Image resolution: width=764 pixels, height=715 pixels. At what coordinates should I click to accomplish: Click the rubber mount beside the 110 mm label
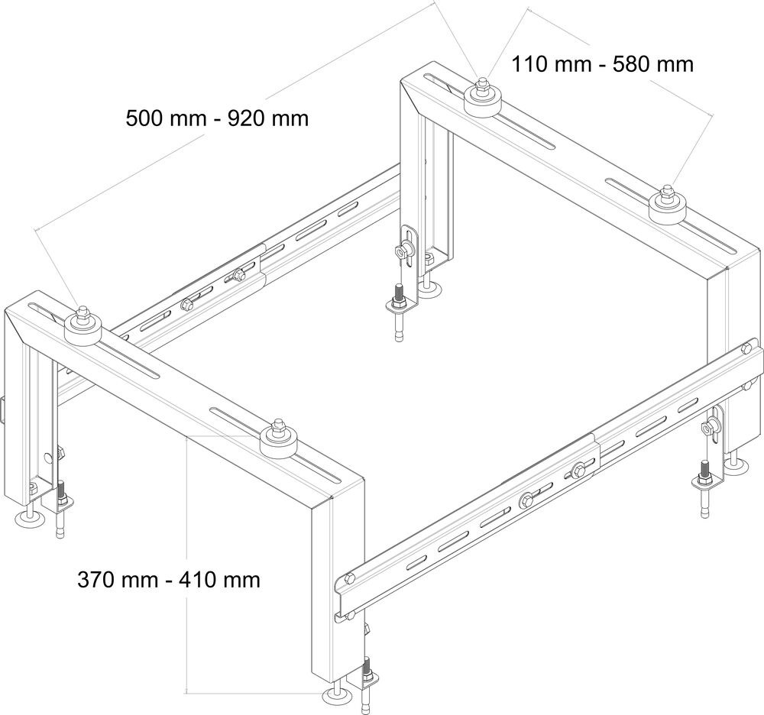pos(481,98)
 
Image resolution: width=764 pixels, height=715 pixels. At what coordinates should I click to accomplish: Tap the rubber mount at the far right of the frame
pos(667,205)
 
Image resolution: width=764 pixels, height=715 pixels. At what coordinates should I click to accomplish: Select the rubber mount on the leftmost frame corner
pos(83,326)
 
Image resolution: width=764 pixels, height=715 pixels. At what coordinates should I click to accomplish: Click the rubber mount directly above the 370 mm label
pos(278,438)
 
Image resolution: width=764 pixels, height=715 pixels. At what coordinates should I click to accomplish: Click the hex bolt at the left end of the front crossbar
pos(349,579)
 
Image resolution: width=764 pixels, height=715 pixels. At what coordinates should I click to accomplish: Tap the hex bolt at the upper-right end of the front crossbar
pos(746,348)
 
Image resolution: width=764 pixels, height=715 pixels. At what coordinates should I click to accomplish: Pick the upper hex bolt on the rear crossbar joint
pos(238,275)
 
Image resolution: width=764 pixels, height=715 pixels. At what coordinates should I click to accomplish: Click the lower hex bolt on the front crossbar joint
pos(526,500)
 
